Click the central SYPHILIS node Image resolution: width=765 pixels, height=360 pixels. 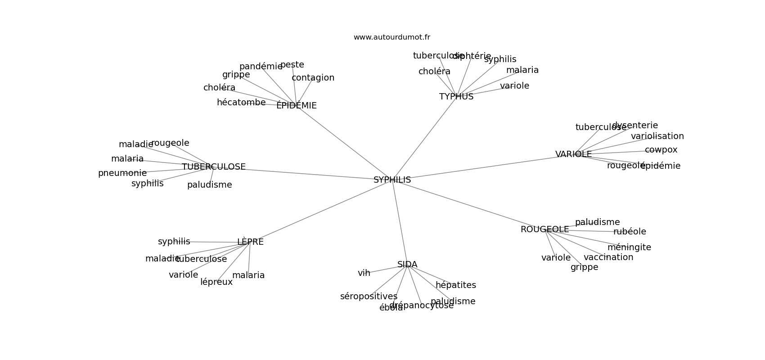tap(392, 180)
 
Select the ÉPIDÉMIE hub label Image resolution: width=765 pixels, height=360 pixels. tap(296, 106)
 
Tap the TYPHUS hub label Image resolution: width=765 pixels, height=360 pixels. tap(456, 97)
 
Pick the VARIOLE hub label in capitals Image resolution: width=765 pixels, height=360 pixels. tap(573, 154)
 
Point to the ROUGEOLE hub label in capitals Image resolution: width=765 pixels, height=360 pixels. tap(544, 229)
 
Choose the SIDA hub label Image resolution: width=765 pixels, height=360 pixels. tap(407, 265)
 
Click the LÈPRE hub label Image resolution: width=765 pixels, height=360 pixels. tap(250, 242)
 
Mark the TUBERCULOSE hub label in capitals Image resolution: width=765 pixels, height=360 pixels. tap(214, 167)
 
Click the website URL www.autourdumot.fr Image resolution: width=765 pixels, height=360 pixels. tap(391, 37)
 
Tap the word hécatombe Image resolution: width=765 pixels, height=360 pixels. tap(241, 103)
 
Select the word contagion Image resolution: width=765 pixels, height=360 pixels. tap(313, 78)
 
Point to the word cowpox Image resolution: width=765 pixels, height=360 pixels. tap(661, 150)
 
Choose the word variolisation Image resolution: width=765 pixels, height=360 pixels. tap(657, 136)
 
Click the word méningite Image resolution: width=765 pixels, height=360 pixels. tap(629, 247)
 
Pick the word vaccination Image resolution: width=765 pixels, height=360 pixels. tap(608, 257)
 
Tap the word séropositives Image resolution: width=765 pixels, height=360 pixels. tap(369, 297)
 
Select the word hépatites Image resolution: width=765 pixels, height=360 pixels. tap(455, 285)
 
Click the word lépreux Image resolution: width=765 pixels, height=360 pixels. tap(216, 282)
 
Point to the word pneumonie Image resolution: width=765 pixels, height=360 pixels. tap(122, 173)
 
